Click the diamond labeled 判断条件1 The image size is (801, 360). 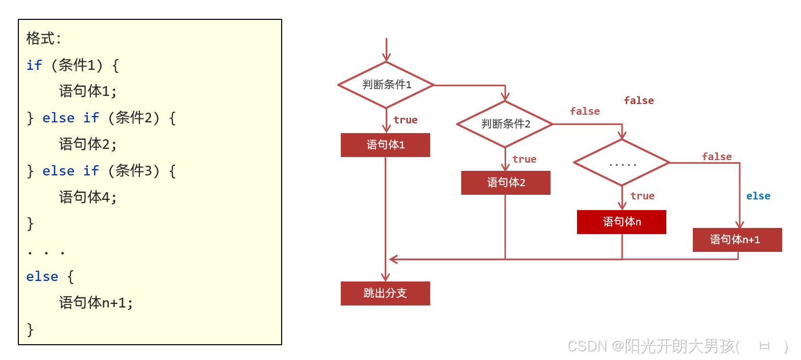(x=386, y=85)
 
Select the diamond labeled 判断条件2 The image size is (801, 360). (x=505, y=124)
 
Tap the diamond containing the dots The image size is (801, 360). (x=621, y=163)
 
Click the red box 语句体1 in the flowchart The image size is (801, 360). (x=385, y=145)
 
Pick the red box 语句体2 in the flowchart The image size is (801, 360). (x=506, y=183)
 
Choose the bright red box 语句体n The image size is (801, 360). (x=621, y=222)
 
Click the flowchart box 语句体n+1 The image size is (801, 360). (x=737, y=240)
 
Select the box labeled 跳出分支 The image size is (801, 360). (x=385, y=293)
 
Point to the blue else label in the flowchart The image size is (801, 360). (x=758, y=196)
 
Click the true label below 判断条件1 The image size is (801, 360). (x=405, y=120)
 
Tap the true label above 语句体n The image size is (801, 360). (x=642, y=196)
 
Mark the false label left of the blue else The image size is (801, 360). (x=716, y=157)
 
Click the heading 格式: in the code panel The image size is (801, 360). (x=43, y=38)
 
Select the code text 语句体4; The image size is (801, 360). (x=88, y=197)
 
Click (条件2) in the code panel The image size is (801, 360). (x=134, y=118)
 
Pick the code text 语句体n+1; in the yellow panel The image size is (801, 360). (x=96, y=303)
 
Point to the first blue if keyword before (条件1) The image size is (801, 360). (x=34, y=65)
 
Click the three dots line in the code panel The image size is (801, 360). (x=46, y=252)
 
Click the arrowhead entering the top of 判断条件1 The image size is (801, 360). (x=386, y=58)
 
